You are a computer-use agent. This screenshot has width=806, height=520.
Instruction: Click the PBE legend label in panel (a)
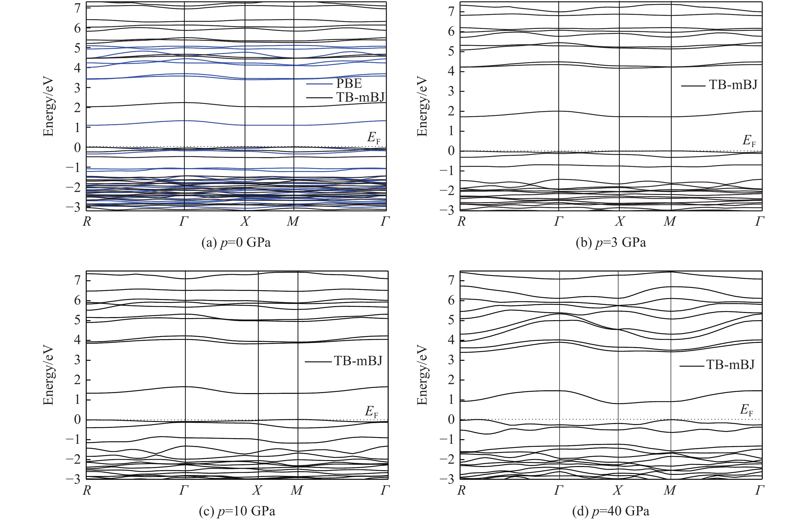tap(349, 83)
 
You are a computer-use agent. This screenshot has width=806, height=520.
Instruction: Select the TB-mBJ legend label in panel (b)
tap(733, 84)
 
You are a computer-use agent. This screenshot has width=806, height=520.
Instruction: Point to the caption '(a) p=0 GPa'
tap(236, 242)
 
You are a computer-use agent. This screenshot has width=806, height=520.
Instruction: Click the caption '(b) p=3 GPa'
tap(611, 242)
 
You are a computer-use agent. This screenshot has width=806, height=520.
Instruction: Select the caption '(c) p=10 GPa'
tap(237, 511)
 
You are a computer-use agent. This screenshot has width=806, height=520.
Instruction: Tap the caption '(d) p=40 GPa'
tap(611, 511)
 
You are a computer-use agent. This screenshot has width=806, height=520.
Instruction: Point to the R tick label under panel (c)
tap(87, 490)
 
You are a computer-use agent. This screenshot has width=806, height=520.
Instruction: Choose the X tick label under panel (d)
tap(618, 490)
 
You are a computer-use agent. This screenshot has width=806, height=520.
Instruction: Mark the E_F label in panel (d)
tap(747, 410)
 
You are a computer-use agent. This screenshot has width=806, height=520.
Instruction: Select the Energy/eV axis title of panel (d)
tap(422, 375)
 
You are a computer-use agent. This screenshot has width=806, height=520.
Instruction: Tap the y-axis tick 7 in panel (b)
tap(451, 12)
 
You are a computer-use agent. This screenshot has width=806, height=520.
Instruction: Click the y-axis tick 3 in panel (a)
tap(78, 88)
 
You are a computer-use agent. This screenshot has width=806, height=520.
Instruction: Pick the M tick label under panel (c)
tap(297, 490)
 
